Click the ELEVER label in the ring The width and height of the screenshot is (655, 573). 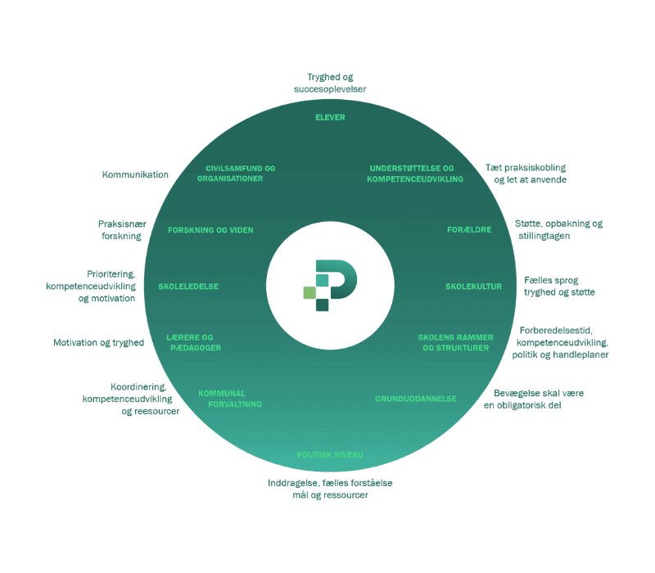coord(330,117)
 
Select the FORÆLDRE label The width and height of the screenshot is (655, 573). coord(468,230)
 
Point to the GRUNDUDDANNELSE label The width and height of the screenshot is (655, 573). coord(416,399)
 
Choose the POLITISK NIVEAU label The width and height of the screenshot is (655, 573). coord(329,455)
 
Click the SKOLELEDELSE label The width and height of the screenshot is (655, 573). coord(188,286)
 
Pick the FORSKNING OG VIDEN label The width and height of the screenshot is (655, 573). coord(210,230)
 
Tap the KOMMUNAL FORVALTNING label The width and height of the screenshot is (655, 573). coord(229,399)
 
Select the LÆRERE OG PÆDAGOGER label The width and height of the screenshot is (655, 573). coord(193,342)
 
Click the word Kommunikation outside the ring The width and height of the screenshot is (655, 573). coord(135,174)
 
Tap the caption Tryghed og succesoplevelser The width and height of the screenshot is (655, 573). coord(330,83)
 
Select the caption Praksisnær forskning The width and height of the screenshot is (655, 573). coord(120,230)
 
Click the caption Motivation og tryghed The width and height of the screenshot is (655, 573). coord(98,343)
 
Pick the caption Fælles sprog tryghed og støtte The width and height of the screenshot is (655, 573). coord(559,286)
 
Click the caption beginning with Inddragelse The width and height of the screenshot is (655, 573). coord(329,489)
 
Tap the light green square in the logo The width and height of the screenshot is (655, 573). coord(309,292)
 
